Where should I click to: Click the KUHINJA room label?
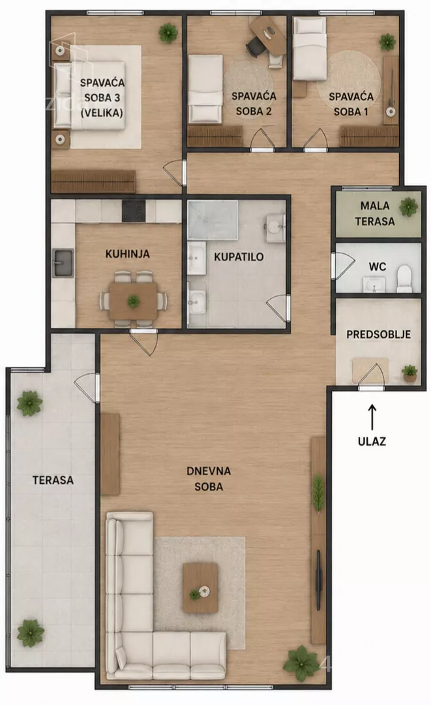point(128,254)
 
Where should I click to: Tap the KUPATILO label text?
point(239,257)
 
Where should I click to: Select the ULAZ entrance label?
point(372,441)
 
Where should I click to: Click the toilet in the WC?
point(404,279)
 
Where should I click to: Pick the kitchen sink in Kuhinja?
point(63,262)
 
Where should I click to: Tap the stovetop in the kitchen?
point(134,211)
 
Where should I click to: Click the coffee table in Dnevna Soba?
point(200,587)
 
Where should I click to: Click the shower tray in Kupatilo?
point(213,221)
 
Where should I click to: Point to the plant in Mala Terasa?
point(409,208)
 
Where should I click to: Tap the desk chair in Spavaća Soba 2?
point(256,47)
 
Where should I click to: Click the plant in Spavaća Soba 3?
point(168,33)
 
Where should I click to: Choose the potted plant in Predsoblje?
point(409,373)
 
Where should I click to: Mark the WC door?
point(343,266)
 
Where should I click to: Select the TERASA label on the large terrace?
point(53,480)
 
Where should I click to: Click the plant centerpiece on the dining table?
point(133,301)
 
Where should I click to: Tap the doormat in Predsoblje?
point(370,370)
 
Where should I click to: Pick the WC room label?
point(377,266)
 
